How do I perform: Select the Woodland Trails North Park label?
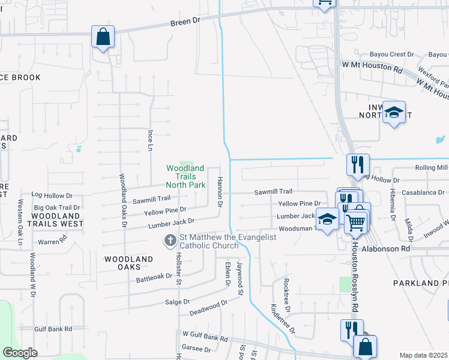(185, 177)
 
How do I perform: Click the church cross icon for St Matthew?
(170, 241)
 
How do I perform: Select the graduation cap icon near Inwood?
(394, 112)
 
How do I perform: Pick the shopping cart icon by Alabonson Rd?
(356, 223)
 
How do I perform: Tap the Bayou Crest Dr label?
(393, 55)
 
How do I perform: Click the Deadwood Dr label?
(208, 307)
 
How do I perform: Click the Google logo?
(20, 353)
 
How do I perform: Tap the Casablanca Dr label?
(423, 193)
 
